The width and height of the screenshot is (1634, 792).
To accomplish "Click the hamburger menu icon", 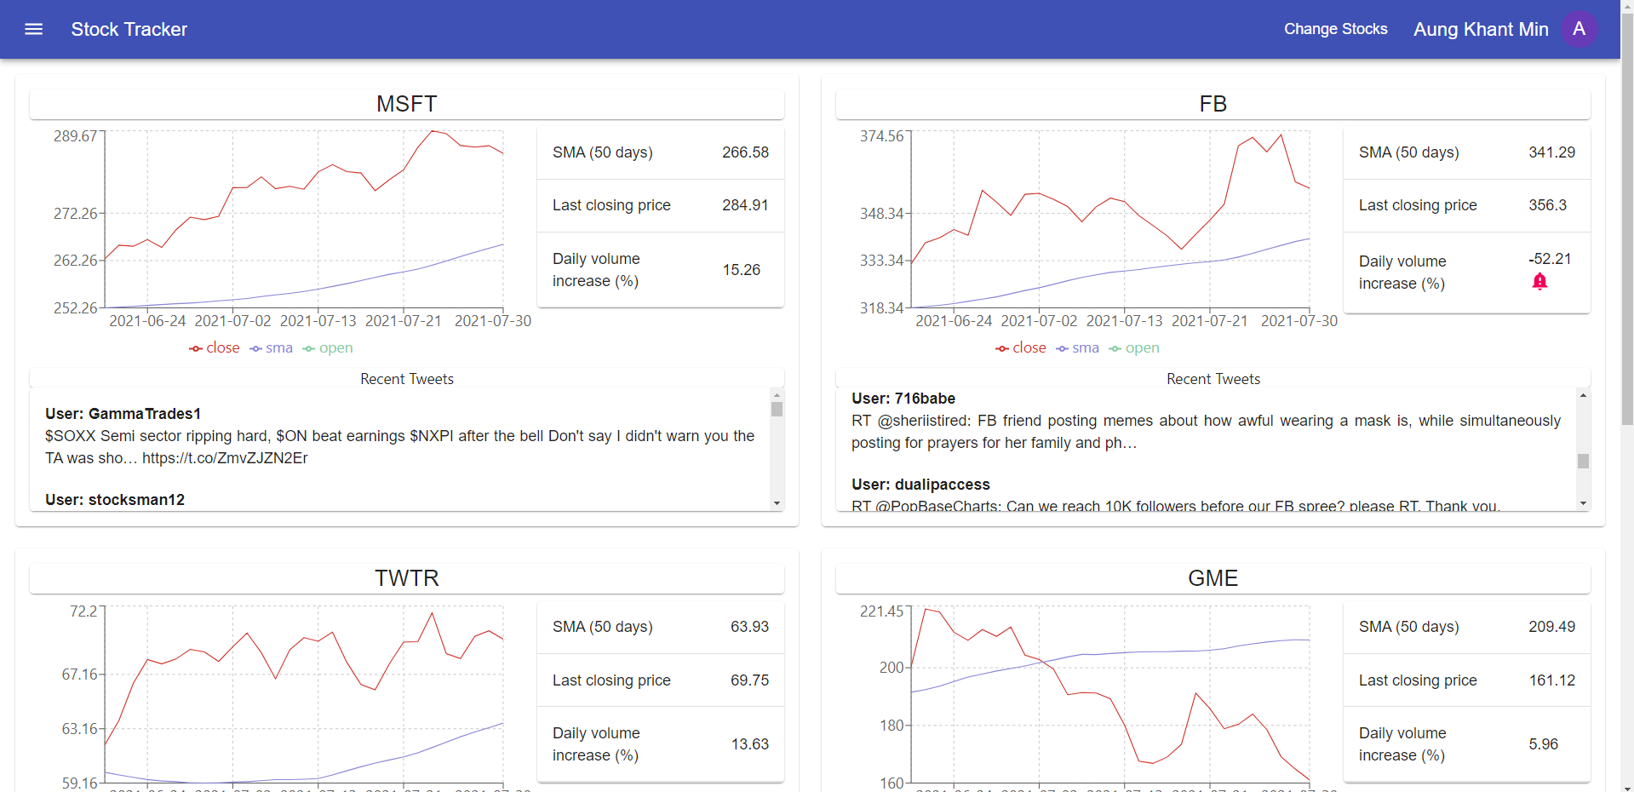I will point(34,29).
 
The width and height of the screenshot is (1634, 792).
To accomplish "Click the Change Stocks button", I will point(1335,29).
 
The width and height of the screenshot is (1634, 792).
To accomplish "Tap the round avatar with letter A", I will point(1579,29).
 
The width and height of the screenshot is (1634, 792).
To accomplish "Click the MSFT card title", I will point(406,104).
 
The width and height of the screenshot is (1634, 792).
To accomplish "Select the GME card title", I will point(1213,578).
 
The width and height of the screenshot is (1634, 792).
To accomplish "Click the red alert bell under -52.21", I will point(1539,282).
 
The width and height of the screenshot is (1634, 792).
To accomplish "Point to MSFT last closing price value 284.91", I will point(745,205).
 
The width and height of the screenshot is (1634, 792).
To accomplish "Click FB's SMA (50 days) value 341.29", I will point(1551,152).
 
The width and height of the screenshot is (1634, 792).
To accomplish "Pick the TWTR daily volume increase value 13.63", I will point(749,744).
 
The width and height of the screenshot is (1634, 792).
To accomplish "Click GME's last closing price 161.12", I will point(1551,680).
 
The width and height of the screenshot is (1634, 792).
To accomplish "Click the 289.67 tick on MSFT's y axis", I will point(76,136).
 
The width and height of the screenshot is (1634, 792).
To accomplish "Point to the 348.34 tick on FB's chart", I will point(882,214).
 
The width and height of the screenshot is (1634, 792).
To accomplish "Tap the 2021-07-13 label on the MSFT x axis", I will point(318,321).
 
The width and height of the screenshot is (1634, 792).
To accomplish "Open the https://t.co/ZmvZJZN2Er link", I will point(225,458).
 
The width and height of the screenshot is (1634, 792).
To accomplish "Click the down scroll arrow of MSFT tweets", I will point(777,503).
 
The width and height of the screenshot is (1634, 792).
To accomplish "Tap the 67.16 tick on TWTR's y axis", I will point(80,674).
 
